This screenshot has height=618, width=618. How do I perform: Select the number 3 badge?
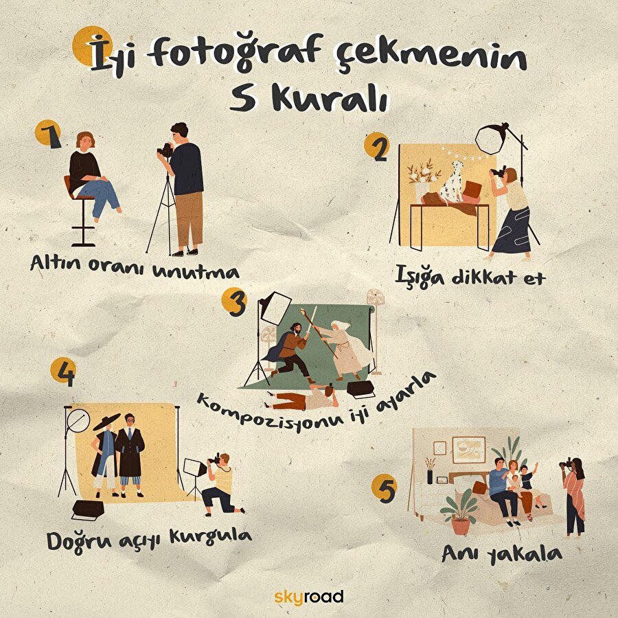[235, 303]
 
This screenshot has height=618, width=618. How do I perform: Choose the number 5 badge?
[384, 489]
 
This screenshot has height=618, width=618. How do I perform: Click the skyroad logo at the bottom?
[308, 596]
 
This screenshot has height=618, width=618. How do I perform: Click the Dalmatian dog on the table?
[451, 182]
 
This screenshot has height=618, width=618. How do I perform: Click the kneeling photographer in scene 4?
[222, 485]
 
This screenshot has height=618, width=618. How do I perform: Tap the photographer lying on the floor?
[302, 398]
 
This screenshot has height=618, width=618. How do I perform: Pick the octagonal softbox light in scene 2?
[492, 139]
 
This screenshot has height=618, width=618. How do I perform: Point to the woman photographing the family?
[574, 494]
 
